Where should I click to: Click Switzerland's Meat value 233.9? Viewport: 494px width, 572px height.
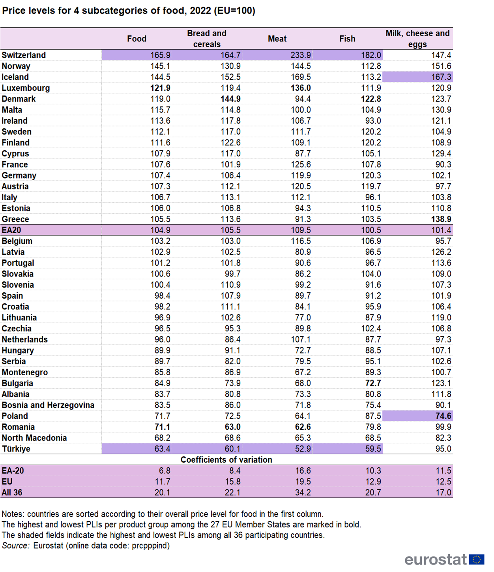pos(300,55)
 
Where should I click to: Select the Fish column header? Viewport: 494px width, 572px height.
pos(347,39)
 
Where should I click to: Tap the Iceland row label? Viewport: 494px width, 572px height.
pos(15,77)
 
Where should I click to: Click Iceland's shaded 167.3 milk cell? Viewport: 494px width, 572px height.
pos(441,77)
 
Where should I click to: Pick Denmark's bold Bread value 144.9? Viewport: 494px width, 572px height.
pos(230,99)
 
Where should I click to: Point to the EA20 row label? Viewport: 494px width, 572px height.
pos(11,230)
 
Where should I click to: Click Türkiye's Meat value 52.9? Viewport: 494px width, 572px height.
pos(303,449)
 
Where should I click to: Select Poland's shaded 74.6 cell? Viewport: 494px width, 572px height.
pos(443,416)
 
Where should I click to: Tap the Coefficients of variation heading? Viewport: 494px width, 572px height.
pos(226,460)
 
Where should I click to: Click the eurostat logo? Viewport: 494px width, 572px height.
pos(444,559)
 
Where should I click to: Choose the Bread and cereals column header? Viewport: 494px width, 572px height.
pos(207,39)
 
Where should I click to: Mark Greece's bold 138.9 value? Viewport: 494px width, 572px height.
pos(441,219)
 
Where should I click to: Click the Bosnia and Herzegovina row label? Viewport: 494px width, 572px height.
pos(48,405)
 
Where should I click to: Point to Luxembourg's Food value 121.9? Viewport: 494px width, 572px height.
pos(160,88)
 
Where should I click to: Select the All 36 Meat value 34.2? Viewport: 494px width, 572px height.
pos(303,493)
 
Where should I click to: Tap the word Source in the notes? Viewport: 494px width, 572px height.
pos(15,546)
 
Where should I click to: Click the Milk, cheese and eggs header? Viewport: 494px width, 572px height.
pos(417,39)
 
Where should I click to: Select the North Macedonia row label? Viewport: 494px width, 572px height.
pos(34,438)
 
